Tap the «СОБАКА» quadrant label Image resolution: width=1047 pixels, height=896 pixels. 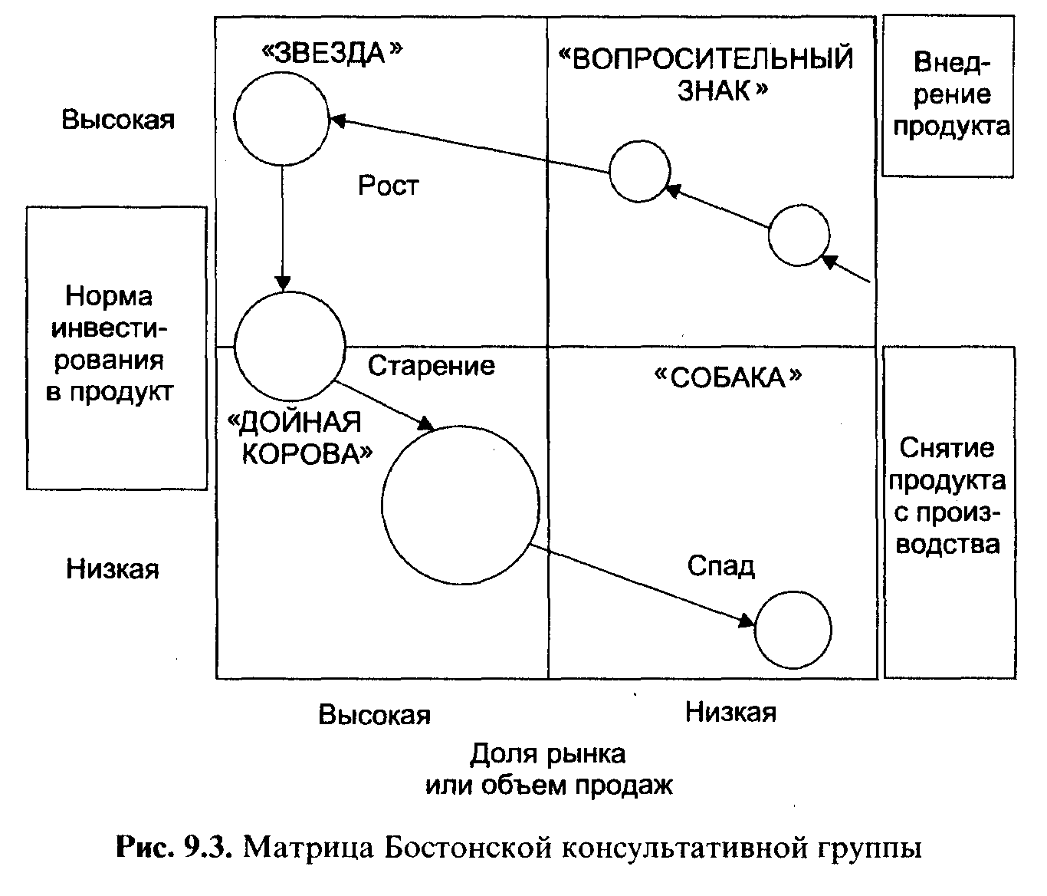point(727,377)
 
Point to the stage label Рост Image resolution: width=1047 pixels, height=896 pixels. point(389,186)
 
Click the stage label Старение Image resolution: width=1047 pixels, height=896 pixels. point(431,366)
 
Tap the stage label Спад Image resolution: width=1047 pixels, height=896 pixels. point(720,566)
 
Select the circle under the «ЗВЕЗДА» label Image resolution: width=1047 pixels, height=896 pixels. point(282,120)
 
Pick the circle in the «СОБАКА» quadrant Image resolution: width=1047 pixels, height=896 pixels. point(793,630)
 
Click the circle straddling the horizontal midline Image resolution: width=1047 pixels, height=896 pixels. point(289,347)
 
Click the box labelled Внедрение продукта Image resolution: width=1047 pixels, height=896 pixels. point(948,96)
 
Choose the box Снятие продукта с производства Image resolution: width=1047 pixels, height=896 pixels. point(948,512)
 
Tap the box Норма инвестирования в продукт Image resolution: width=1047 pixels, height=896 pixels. point(117,347)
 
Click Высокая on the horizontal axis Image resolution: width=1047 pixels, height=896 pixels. point(375,715)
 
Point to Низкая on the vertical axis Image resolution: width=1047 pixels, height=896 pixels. point(113,569)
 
